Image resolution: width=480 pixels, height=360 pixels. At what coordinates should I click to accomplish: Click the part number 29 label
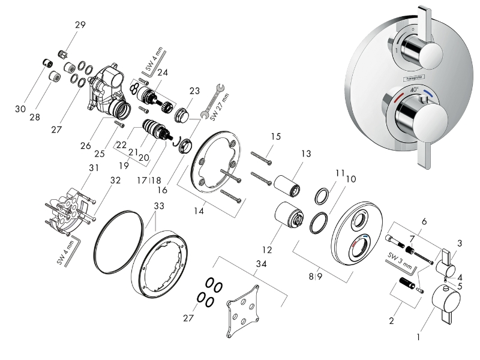(x=80, y=25)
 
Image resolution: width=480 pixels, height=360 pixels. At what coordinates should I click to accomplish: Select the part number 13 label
(x=306, y=154)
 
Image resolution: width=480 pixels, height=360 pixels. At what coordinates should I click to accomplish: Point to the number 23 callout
(x=194, y=91)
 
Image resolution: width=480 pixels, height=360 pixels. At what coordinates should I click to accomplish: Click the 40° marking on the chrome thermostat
(x=414, y=89)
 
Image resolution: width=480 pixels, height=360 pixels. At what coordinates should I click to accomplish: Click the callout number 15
(x=275, y=137)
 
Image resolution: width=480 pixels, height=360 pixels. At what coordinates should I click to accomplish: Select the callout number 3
(x=460, y=243)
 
